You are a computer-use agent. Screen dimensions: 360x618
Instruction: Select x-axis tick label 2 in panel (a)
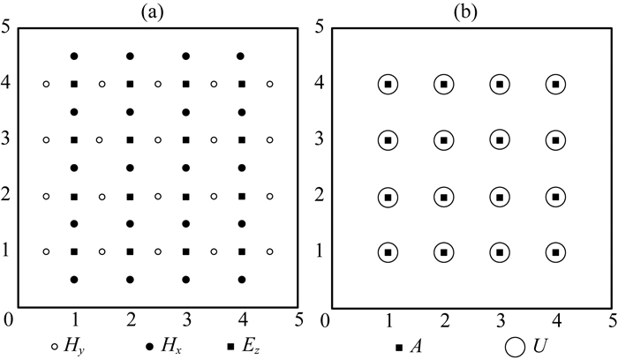coord(130,319)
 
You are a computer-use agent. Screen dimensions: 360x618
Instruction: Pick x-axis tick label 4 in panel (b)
coord(555,319)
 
